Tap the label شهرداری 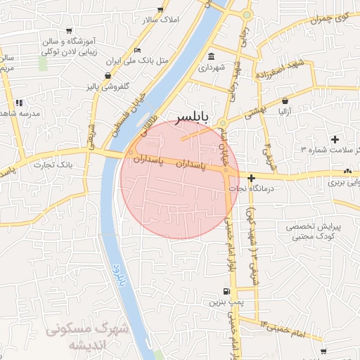tap(210, 69)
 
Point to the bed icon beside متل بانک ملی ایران tap(137, 50)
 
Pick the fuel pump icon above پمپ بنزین tap(225, 291)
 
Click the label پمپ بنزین tap(225, 302)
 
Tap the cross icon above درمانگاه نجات tap(251, 178)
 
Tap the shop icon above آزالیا tap(285, 101)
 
